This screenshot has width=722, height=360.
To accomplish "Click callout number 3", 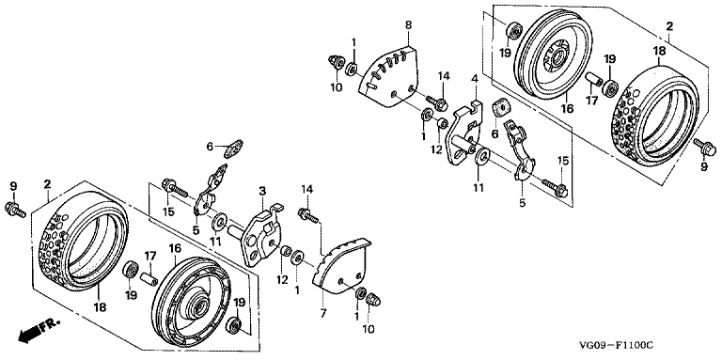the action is (x=262, y=191).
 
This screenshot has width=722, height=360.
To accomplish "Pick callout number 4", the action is (x=474, y=79).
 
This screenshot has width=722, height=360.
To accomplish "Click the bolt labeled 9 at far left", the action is (x=14, y=209).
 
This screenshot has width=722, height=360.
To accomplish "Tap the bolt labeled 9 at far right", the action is (x=704, y=148).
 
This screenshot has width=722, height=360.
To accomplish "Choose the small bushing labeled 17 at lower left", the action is (x=149, y=279).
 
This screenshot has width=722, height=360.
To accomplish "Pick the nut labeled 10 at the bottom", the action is (x=372, y=301).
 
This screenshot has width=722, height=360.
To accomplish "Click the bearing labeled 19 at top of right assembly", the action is (x=513, y=31).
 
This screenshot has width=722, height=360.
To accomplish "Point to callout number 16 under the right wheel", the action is (x=567, y=110).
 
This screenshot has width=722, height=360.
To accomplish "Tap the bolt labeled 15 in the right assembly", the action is (x=555, y=187).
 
